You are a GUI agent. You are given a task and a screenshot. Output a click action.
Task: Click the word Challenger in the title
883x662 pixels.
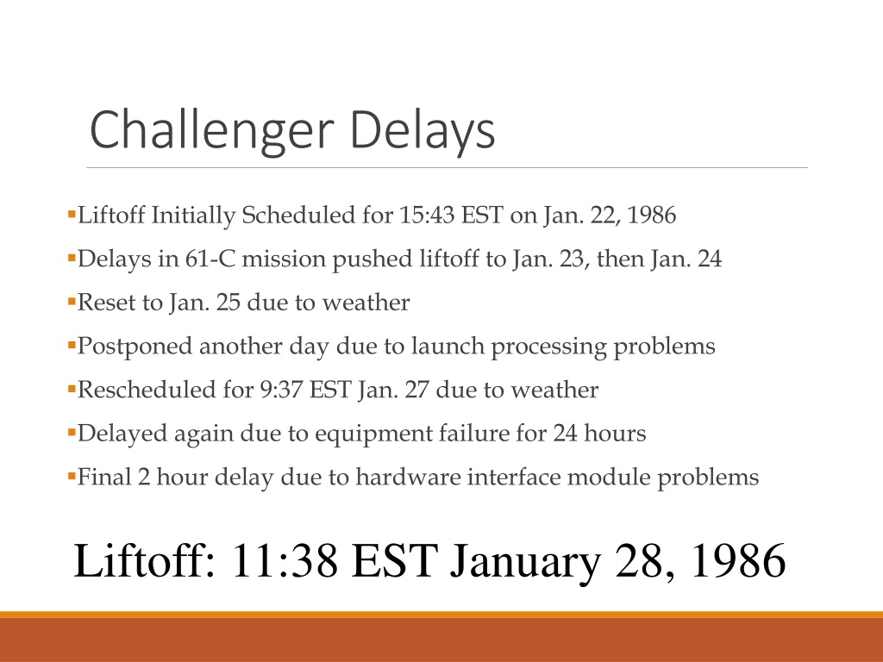click(x=212, y=131)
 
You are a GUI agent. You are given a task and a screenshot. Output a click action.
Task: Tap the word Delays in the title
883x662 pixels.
click(x=423, y=131)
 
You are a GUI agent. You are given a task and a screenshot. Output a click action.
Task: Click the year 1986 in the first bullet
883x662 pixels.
click(x=651, y=215)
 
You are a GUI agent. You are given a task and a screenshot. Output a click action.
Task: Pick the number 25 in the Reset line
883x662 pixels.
click(x=228, y=303)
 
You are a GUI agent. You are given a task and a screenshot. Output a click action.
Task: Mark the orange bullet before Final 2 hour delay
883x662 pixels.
click(x=72, y=477)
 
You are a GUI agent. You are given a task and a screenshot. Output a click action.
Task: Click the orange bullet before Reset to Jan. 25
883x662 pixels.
click(x=72, y=303)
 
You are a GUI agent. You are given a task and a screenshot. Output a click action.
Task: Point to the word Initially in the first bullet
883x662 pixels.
click(x=193, y=215)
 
